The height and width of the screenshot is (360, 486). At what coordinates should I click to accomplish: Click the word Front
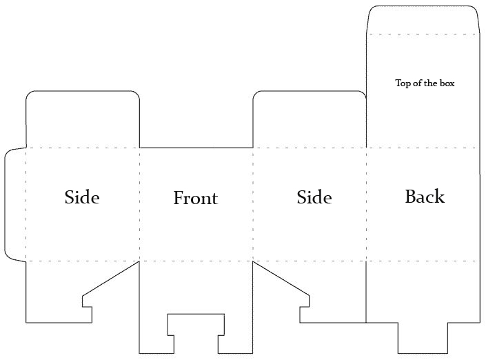tap(195, 199)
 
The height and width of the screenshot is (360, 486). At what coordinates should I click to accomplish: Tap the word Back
tap(425, 197)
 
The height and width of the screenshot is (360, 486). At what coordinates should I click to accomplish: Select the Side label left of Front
tap(82, 197)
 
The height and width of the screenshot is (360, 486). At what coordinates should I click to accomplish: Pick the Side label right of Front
tap(314, 197)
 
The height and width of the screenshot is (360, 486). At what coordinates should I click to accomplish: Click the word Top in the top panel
tap(402, 83)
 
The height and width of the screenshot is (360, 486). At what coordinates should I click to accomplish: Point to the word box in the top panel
tap(447, 83)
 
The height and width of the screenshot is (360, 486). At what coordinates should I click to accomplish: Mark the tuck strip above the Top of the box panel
tap(422, 20)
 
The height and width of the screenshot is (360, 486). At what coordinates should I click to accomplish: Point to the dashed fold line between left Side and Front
tap(139, 204)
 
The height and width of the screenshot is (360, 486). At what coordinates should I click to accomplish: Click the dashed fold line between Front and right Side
tap(253, 204)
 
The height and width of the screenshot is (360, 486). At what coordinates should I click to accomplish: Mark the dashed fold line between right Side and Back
tap(366, 204)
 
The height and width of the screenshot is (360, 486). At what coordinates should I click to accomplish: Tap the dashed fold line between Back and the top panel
tap(422, 148)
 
